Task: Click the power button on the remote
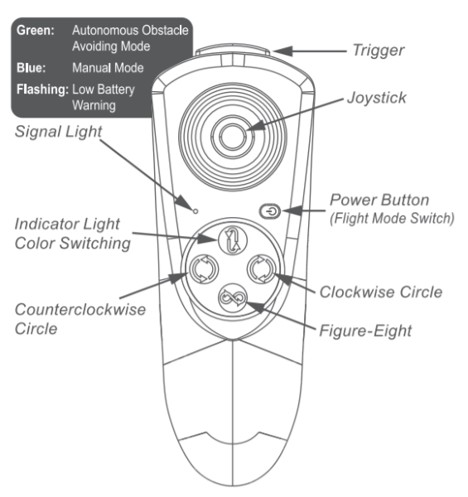(x=270, y=211)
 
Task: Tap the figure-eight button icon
(x=232, y=298)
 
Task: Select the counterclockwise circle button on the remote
(x=204, y=268)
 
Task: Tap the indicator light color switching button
(x=233, y=240)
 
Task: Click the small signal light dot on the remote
(x=195, y=211)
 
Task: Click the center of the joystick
(x=233, y=137)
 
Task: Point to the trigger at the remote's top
(x=232, y=50)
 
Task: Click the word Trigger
(x=379, y=51)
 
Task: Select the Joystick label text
(x=377, y=98)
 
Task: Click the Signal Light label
(x=58, y=132)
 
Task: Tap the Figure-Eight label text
(x=365, y=331)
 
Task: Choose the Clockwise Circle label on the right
(x=381, y=292)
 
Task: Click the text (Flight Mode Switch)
(x=393, y=219)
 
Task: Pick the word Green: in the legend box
(x=36, y=31)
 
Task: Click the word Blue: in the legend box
(x=31, y=68)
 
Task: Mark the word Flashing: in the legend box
(x=42, y=89)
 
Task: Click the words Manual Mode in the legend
(x=108, y=68)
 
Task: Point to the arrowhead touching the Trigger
(x=282, y=51)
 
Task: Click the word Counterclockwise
(x=80, y=310)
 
